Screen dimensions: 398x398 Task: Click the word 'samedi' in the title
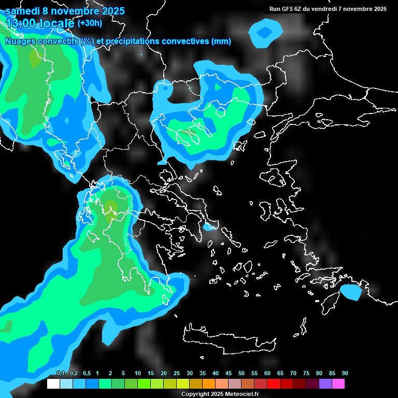click(x=22, y=11)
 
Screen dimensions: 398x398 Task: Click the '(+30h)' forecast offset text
click(x=90, y=23)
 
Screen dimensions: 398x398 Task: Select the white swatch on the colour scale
click(x=53, y=384)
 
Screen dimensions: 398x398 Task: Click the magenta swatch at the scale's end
click(x=338, y=384)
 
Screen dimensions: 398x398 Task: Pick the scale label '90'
click(x=345, y=374)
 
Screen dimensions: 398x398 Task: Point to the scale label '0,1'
click(x=60, y=374)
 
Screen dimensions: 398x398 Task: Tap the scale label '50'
click(x=241, y=374)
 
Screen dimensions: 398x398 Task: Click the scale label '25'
click(x=177, y=374)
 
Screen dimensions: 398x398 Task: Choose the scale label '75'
click(x=306, y=374)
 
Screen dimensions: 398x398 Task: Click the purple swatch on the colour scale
click(x=325, y=384)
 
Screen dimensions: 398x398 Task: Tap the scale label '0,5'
click(x=86, y=374)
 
